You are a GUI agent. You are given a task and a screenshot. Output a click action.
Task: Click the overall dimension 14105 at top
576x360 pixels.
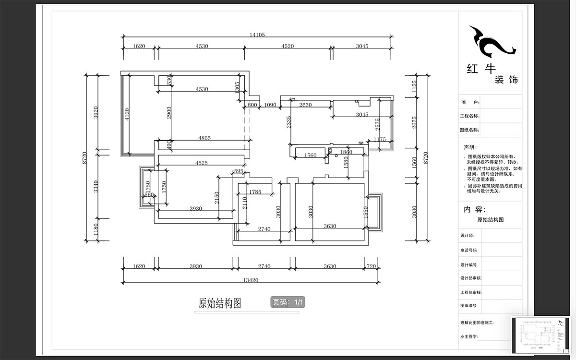click(x=257, y=35)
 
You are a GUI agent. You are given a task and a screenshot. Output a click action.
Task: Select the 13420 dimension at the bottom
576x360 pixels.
click(x=251, y=279)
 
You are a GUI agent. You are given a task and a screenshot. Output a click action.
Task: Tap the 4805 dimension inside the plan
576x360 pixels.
click(x=204, y=138)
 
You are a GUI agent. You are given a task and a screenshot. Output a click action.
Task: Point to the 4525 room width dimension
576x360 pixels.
click(x=202, y=163)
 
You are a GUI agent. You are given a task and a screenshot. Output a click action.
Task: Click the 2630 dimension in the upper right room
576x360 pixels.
click(x=305, y=105)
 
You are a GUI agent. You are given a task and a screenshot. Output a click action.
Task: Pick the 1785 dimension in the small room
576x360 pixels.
click(x=255, y=192)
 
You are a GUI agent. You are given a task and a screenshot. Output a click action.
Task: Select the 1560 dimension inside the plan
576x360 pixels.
click(x=311, y=155)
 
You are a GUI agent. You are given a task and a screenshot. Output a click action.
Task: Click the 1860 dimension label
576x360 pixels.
click(x=346, y=152)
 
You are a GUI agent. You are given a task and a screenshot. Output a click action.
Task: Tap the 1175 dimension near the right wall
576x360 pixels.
click(x=379, y=140)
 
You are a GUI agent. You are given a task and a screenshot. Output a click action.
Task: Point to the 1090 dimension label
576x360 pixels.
click(x=270, y=105)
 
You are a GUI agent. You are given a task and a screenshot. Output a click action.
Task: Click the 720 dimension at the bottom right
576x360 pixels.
click(x=371, y=266)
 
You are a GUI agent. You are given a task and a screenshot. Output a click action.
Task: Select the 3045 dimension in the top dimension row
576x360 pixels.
click(x=362, y=46)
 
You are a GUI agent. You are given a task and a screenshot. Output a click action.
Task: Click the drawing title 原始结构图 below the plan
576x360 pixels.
click(x=219, y=303)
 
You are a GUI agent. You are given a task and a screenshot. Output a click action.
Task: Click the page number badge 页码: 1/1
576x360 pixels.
click(x=288, y=302)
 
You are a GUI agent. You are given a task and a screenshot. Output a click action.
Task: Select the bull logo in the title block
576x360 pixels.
click(x=491, y=42)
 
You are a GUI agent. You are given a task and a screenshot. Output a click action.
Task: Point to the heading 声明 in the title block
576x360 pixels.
click(x=470, y=147)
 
